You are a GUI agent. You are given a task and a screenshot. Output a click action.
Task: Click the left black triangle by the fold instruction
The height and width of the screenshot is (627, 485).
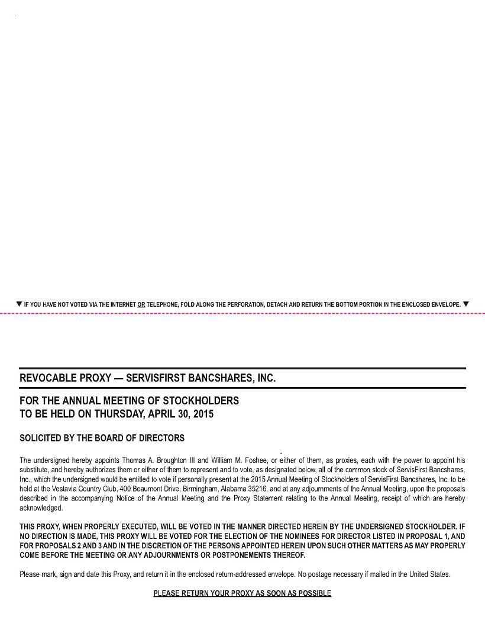[x=20, y=304]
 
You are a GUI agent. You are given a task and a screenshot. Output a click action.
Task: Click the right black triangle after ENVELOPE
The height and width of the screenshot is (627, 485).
[x=466, y=304]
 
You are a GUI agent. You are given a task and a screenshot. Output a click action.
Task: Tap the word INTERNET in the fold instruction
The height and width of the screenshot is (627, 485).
[x=123, y=305]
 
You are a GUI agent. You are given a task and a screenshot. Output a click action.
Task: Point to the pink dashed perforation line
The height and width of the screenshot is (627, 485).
[x=242, y=313]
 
